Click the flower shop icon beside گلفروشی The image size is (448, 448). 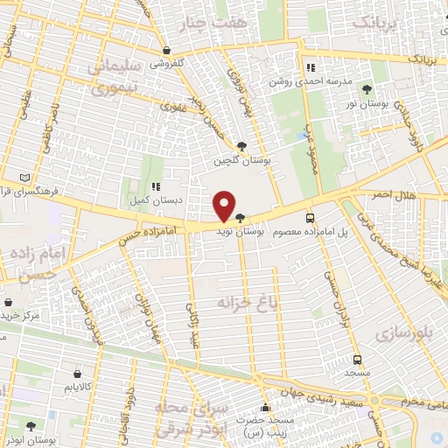(165, 50)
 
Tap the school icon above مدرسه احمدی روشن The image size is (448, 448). (310, 67)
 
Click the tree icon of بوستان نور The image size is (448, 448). (367, 89)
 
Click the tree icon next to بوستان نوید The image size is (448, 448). (240, 219)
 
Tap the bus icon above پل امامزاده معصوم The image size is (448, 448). (310, 218)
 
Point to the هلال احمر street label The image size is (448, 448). (391, 193)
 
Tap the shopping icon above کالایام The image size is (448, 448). (77, 372)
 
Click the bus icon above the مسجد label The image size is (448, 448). (356, 360)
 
